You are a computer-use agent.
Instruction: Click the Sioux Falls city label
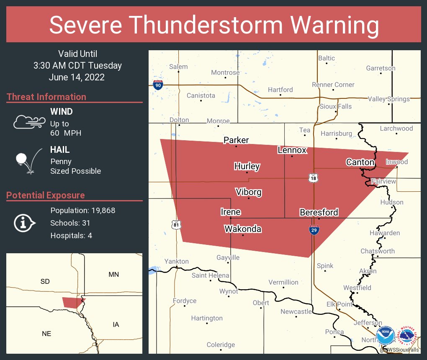click(x=335, y=106)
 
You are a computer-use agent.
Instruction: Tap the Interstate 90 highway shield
click(x=158, y=85)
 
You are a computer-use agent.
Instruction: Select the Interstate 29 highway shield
click(x=314, y=229)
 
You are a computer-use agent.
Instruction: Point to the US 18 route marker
click(x=313, y=178)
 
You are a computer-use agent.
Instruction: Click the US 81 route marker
click(x=176, y=225)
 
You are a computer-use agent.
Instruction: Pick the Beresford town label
click(x=319, y=212)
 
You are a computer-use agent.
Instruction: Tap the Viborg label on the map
click(x=249, y=192)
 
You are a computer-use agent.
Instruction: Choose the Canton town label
click(x=360, y=162)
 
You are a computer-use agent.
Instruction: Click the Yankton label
click(x=176, y=261)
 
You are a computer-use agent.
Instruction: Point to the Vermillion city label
click(x=283, y=282)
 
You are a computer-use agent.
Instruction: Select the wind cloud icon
click(x=28, y=122)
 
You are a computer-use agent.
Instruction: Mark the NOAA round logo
click(x=386, y=335)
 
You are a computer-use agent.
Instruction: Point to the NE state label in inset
click(x=46, y=333)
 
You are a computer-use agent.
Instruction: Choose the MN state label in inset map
click(x=113, y=275)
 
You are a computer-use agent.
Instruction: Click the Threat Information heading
click(x=46, y=97)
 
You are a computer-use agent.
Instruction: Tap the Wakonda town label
click(x=243, y=229)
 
